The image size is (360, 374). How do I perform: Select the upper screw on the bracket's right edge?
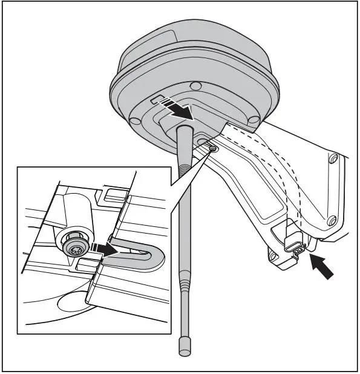332,160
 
